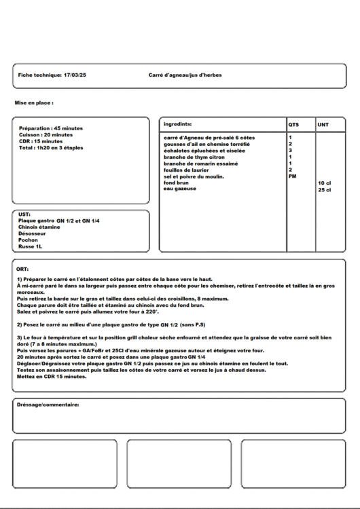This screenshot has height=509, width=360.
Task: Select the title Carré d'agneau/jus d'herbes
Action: tap(185, 75)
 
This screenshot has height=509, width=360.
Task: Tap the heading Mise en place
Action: tap(34, 103)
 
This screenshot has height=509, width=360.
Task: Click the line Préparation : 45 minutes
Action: tap(51, 128)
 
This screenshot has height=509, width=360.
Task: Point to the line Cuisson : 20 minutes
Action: tap(47, 134)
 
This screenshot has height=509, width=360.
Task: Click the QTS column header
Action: tap(293, 125)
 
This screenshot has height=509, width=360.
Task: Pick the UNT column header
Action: tap(323, 125)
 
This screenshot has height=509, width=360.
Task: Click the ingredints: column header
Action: tap(178, 124)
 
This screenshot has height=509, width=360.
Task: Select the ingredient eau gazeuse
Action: tap(180, 189)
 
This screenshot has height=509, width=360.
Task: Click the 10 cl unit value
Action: tap(324, 183)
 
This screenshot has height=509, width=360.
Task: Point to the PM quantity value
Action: tap(292, 176)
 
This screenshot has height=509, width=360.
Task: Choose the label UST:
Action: tap(24, 214)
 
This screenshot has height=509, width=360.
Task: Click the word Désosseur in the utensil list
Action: tap(33, 233)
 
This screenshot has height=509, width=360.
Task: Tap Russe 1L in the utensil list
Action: tap(31, 246)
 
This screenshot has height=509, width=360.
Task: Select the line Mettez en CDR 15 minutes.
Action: tap(52, 376)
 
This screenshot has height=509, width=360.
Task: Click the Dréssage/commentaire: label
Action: tap(48, 404)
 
